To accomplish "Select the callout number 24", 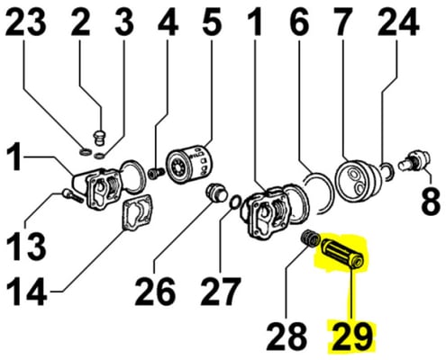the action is pyautogui.click(x=398, y=22).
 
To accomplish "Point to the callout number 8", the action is pyautogui.click(x=431, y=199).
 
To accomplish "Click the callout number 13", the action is pyautogui.click(x=26, y=247).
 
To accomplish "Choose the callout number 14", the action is pyautogui.click(x=26, y=291).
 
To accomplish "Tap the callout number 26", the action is pyautogui.click(x=155, y=291).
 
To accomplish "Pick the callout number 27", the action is pyautogui.click(x=221, y=291).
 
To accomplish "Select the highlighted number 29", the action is pyautogui.click(x=351, y=337).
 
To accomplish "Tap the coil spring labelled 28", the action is pyautogui.click(x=310, y=238).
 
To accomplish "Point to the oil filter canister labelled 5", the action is pyautogui.click(x=189, y=164).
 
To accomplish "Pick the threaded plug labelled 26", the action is pyautogui.click(x=216, y=193).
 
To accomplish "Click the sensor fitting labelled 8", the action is pyautogui.click(x=414, y=160).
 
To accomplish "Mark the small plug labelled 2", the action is pyautogui.click(x=99, y=138).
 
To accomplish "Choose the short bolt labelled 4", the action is pyautogui.click(x=157, y=173).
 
